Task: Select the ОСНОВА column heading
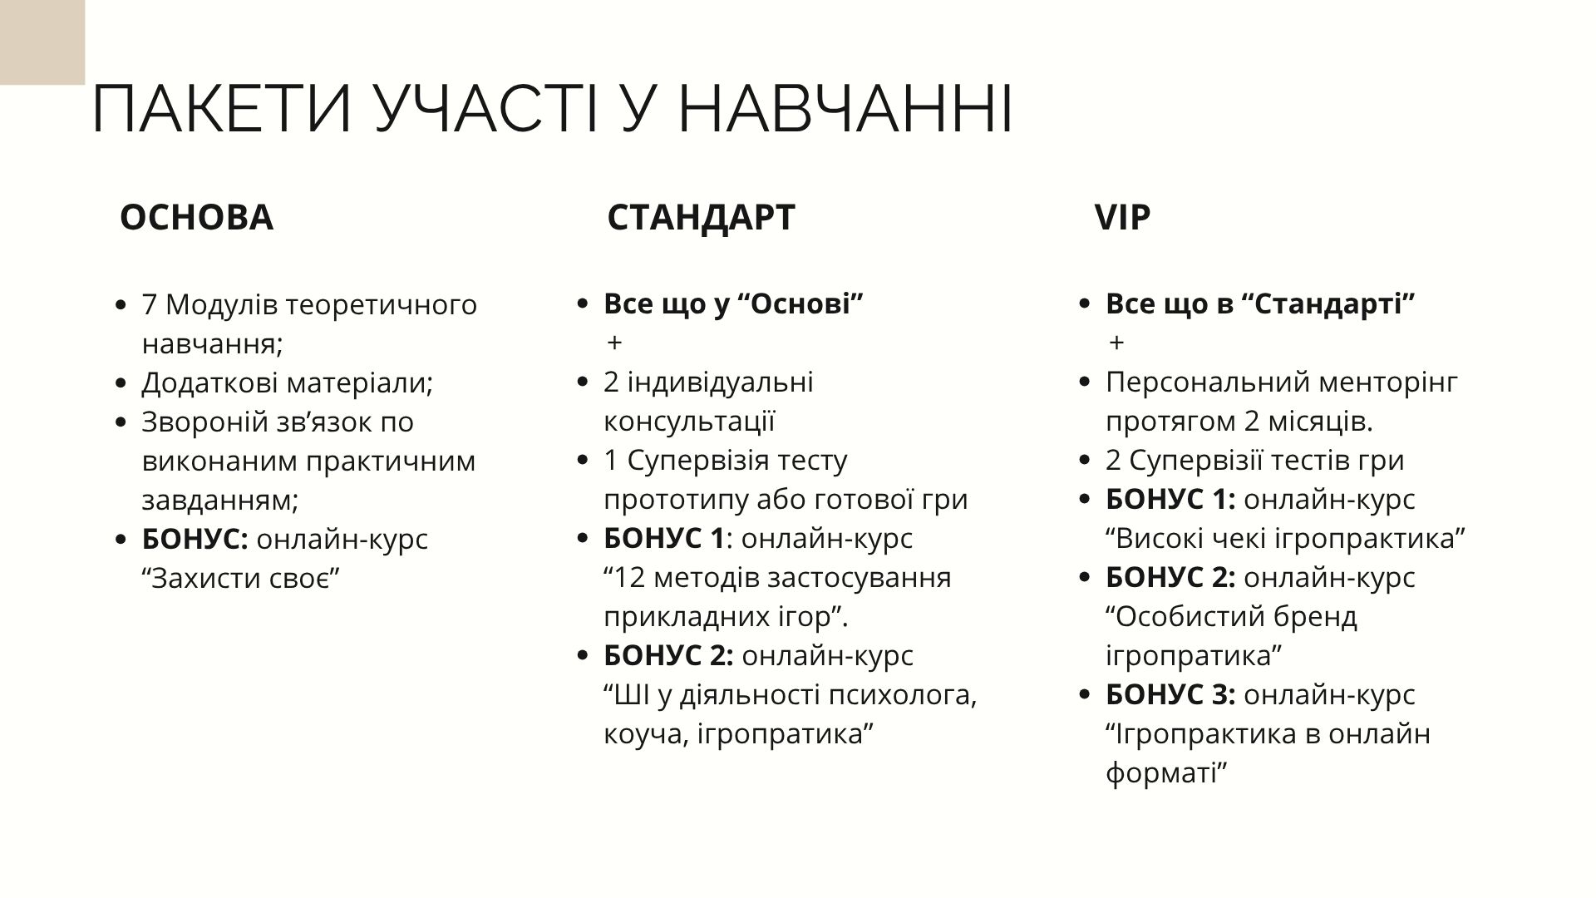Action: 196,217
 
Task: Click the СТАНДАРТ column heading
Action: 701,217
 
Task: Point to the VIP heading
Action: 1122,217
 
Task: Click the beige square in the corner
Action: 42,42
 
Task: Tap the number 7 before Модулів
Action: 150,305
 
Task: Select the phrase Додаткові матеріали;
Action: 288,383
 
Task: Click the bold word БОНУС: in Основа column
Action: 195,539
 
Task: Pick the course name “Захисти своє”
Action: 242,578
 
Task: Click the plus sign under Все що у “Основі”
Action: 614,343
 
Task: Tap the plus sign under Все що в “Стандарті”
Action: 1116,343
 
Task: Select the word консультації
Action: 689,422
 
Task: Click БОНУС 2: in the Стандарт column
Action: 668,656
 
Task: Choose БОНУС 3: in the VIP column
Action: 1170,695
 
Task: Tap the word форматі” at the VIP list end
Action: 1167,773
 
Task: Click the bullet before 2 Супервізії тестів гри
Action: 1084,461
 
